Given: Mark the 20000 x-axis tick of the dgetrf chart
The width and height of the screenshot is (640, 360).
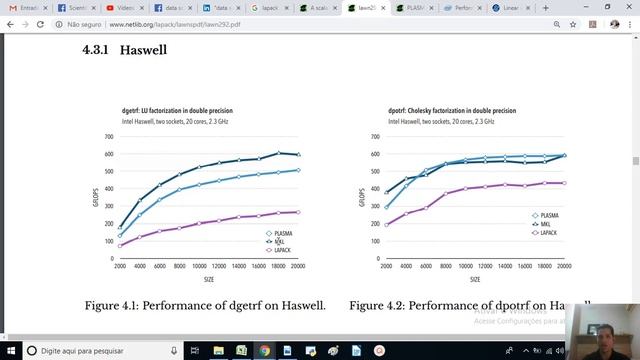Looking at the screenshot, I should coord(298,266).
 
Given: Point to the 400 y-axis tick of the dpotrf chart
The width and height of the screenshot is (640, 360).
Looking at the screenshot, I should coord(374,188).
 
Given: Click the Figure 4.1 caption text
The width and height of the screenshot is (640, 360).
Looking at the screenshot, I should coord(205,305).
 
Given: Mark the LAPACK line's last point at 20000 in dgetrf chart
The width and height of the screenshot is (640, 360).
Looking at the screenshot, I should coord(298,212).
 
